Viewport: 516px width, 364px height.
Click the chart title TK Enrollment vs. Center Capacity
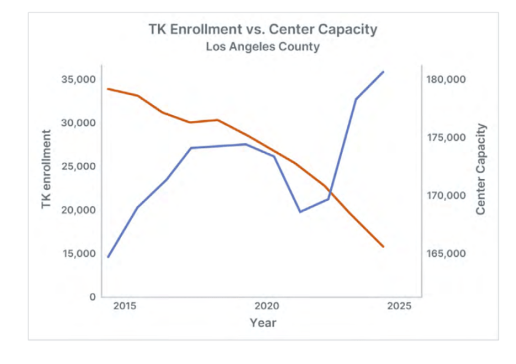263,29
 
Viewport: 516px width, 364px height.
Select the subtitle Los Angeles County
263,47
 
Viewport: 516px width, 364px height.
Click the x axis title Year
263,323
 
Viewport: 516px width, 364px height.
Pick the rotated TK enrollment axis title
46,169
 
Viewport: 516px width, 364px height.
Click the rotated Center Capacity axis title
481,169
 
